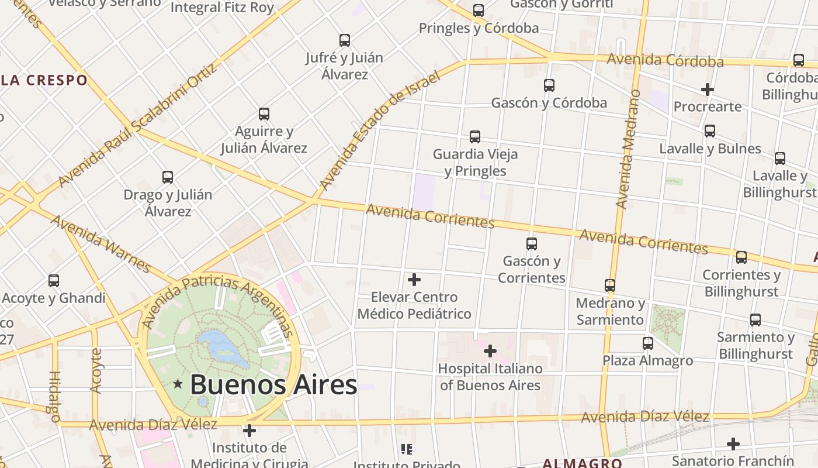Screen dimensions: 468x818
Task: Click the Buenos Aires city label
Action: tap(273, 385)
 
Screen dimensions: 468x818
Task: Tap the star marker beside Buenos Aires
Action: tap(178, 384)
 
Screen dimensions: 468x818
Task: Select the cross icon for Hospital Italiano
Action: tap(490, 351)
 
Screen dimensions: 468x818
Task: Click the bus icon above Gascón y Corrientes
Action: tap(531, 244)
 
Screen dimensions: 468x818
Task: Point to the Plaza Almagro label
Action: tap(647, 360)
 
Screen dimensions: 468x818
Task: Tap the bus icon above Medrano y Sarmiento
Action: tap(610, 285)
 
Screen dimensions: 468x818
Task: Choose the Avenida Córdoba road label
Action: tap(665, 60)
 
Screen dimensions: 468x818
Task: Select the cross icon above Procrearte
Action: tap(707, 90)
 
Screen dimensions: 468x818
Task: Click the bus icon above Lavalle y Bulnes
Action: tap(709, 131)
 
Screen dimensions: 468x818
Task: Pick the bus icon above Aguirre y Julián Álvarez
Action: tap(264, 114)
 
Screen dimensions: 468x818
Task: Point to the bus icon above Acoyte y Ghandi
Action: tap(54, 281)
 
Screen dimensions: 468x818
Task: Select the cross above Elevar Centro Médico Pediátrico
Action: tap(414, 280)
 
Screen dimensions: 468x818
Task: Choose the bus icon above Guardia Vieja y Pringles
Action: tap(474, 137)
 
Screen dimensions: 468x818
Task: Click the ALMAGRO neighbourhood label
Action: tap(581, 463)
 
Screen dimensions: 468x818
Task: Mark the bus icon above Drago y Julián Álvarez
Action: tap(168, 177)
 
